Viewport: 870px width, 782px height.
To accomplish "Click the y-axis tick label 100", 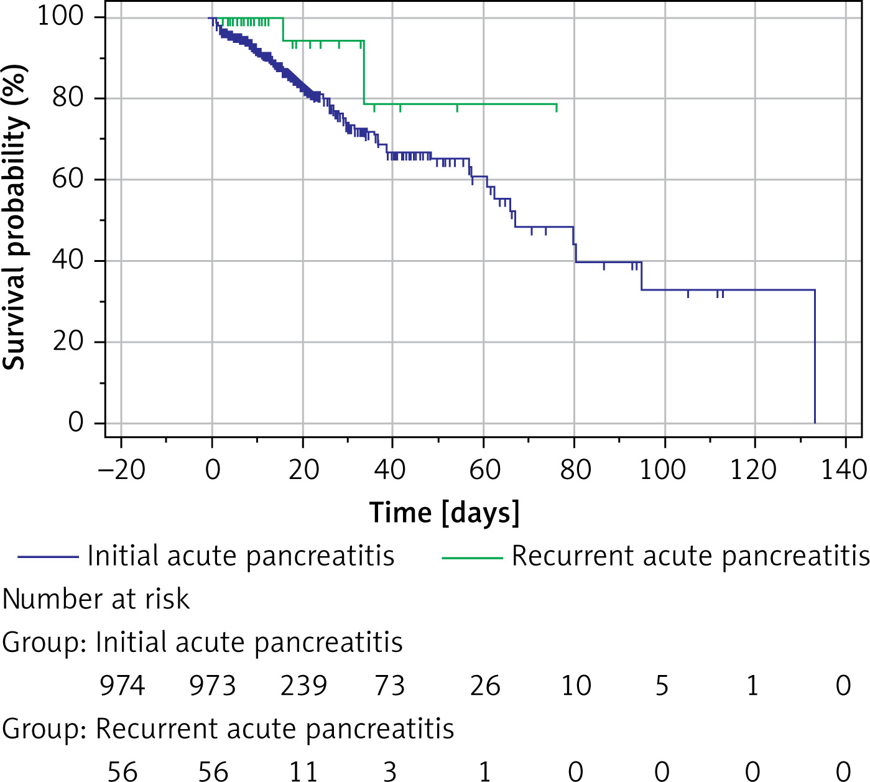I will coord(60,16).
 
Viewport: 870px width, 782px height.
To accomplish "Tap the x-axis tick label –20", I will coord(121,470).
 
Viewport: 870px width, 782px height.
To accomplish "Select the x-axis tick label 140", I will coord(844,470).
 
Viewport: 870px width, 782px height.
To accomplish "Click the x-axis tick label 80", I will coord(575,470).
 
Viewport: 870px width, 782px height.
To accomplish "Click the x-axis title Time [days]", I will coord(444,513).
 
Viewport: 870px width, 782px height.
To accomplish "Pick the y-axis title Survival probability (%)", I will coord(15,218).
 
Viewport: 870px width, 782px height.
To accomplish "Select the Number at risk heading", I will coord(96,599).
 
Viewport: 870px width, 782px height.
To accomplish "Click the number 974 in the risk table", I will coord(122,686).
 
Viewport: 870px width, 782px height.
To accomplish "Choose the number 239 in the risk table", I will coord(303,686).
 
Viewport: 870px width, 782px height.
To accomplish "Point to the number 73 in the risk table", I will coord(390,686).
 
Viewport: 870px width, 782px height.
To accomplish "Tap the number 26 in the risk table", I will coord(485,686).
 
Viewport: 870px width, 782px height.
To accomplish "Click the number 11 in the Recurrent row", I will coord(303,771).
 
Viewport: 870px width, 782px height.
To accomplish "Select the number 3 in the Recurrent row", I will coord(390,771).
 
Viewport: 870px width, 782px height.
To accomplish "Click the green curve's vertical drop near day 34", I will coord(364,72).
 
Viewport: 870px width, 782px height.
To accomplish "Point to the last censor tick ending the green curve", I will coord(556,108).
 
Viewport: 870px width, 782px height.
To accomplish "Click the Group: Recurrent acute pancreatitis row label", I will coord(228,728).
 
